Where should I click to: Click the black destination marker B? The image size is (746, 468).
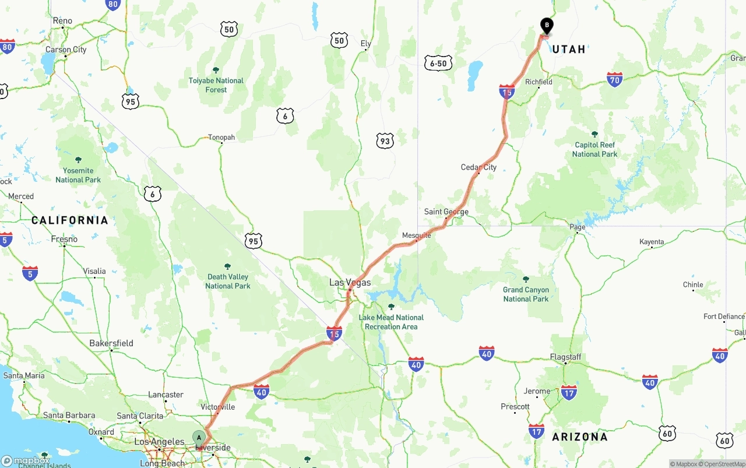tap(547, 26)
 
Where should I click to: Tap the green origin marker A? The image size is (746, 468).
tap(199, 438)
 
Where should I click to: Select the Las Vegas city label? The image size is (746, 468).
tap(350, 282)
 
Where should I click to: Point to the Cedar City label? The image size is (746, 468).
tap(478, 167)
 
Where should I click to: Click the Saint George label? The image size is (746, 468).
tap(446, 212)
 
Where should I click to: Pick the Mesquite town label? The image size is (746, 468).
tap(416, 235)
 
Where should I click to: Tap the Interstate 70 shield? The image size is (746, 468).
tap(614, 79)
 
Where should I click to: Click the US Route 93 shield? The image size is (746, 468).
tap(385, 140)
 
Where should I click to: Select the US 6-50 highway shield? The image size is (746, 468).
tap(438, 63)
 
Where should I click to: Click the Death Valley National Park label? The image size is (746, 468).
tap(227, 281)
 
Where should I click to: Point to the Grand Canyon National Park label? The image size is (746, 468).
tap(526, 294)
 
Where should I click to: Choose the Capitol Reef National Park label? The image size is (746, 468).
tap(594, 149)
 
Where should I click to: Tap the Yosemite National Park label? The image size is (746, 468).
tap(78, 175)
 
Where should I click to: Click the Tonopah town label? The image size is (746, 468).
tap(221, 138)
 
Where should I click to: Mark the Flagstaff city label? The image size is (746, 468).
tap(565, 357)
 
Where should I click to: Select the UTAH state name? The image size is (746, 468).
tap(568, 50)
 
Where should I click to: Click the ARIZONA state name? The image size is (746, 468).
tap(579, 437)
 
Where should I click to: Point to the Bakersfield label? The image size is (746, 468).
tap(111, 343)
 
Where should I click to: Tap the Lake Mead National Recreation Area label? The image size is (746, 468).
tap(391, 322)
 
